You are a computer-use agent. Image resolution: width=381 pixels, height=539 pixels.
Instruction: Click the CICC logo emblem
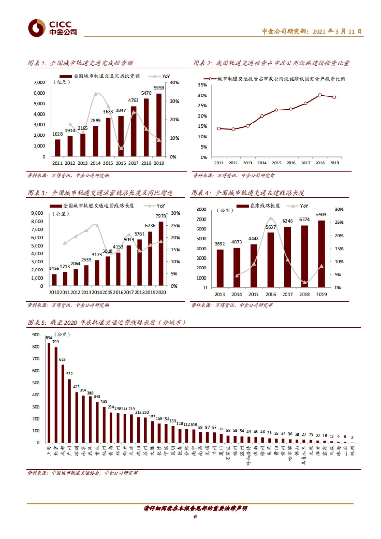pyautogui.click(x=37, y=28)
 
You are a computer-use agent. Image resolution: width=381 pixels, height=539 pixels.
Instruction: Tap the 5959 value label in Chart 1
pyautogui.click(x=159, y=88)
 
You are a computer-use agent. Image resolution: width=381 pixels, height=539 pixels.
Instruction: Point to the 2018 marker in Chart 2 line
pyautogui.click(x=320, y=95)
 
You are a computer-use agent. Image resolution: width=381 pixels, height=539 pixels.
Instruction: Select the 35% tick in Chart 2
pyautogui.click(x=202, y=85)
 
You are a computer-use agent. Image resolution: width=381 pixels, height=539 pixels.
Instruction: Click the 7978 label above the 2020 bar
pyautogui.click(x=161, y=216)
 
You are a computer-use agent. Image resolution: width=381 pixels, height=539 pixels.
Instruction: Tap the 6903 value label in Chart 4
pyautogui.click(x=321, y=215)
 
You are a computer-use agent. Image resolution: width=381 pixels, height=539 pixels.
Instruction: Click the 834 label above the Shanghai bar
pyautogui.click(x=49, y=338)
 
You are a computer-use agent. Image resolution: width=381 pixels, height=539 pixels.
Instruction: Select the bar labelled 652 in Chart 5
pyautogui.click(x=63, y=403)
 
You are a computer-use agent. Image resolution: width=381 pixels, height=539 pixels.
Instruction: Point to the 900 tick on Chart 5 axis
pyautogui.click(x=36, y=335)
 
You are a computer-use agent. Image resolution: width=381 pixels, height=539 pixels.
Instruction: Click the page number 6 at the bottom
pyautogui.click(x=195, y=516)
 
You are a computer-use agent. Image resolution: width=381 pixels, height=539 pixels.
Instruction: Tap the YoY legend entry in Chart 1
pyautogui.click(x=162, y=76)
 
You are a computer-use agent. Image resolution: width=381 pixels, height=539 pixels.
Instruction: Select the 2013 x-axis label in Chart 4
pyautogui.click(x=220, y=294)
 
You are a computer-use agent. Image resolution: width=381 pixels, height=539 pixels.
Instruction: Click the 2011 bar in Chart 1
pyautogui.click(x=57, y=148)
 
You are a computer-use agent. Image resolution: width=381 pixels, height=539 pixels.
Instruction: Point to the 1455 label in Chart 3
pyautogui.click(x=54, y=269)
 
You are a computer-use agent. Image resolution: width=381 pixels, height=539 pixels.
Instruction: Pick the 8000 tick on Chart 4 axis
pyautogui.click(x=201, y=209)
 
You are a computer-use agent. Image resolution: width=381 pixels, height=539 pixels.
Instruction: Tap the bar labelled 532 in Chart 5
pyautogui.click(x=70, y=410)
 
